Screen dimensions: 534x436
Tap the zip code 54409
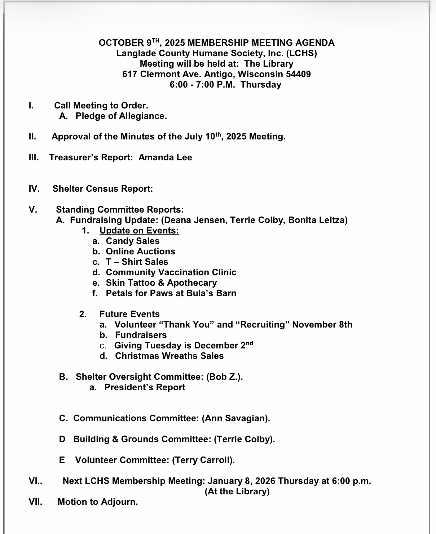(x=298, y=74)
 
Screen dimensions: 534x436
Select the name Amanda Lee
(x=165, y=157)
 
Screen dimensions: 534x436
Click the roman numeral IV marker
(x=34, y=189)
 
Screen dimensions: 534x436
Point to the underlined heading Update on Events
(x=139, y=231)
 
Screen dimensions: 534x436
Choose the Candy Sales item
(x=132, y=241)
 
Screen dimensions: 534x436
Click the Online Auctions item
(x=140, y=252)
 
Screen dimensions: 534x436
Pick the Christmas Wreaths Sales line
(x=169, y=356)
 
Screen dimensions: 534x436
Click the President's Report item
(x=145, y=387)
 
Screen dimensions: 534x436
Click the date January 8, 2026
(x=242, y=481)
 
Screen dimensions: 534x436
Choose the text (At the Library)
(x=237, y=491)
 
